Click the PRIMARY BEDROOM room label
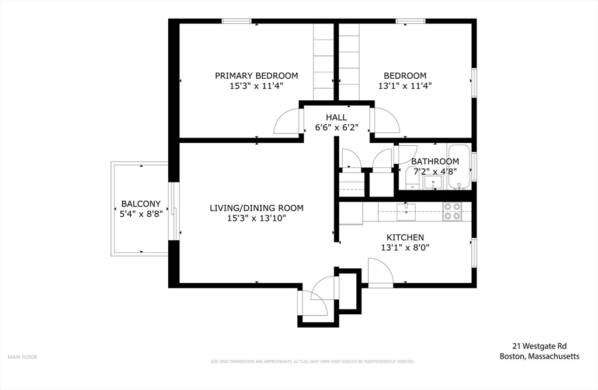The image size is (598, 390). pyautogui.click(x=256, y=76)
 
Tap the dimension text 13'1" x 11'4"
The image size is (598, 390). pyautogui.click(x=405, y=86)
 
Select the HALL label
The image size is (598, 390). pyautogui.click(x=336, y=118)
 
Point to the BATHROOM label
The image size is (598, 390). pyautogui.click(x=435, y=161)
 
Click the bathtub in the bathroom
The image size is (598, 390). pyautogui.click(x=459, y=167)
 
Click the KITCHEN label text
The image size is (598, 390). pyautogui.click(x=405, y=237)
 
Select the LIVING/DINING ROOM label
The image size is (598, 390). pyautogui.click(x=257, y=208)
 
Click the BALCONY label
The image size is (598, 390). pyautogui.click(x=141, y=204)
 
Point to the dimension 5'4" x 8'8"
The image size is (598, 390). pyautogui.click(x=141, y=214)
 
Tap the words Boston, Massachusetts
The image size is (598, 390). pyautogui.click(x=540, y=357)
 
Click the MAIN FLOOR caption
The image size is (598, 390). pyautogui.click(x=22, y=357)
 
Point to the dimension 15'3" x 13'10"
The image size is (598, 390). pyautogui.click(x=257, y=219)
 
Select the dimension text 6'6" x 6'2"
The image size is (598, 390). pyautogui.click(x=336, y=128)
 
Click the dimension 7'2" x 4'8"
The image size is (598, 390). pyautogui.click(x=435, y=172)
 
